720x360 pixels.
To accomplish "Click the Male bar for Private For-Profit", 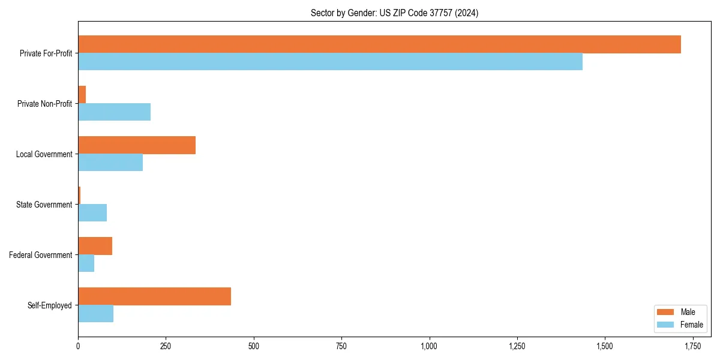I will pos(379,44).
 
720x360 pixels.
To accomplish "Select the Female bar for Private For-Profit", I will pos(330,62).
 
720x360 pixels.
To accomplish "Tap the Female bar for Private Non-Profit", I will pos(114,112).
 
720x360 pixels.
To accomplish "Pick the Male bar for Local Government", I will pos(137,145).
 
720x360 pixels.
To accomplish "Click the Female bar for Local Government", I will pos(110,163).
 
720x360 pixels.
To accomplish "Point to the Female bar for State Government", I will pos(92,213).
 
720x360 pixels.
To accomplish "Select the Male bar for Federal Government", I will pos(95,246).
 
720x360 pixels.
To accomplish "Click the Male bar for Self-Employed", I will pos(154,296).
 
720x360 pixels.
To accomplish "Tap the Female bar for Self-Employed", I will pos(95,314).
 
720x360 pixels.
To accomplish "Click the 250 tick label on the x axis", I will pos(166,346).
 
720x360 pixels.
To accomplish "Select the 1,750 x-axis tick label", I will pos(692,346).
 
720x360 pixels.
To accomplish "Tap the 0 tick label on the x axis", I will pos(78,346).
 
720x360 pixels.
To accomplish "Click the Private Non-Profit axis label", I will pos(44,104).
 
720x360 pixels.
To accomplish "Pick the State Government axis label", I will pos(44,205).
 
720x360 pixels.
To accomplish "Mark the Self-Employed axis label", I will pos(49,305).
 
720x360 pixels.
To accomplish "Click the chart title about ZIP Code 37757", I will pos(394,13).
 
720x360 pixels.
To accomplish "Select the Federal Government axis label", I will pos(40,255).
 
